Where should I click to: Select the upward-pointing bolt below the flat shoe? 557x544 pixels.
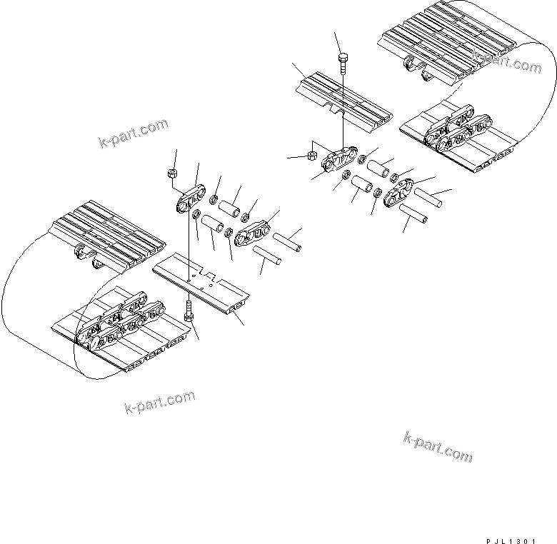188,310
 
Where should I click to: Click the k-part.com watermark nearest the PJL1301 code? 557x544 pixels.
438,446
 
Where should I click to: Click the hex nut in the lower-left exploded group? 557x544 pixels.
171,173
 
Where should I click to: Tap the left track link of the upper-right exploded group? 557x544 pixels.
340,161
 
